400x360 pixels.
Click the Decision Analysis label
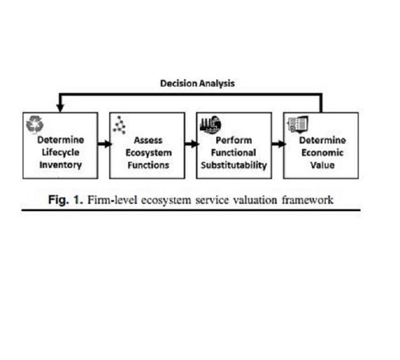[197, 83]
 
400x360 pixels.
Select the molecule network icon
[119, 125]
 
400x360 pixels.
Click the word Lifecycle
[60, 152]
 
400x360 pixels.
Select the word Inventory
[60, 165]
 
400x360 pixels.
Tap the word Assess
[148, 140]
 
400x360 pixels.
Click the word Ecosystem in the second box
[148, 152]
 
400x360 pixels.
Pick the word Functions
[148, 165]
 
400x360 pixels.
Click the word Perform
[234, 140]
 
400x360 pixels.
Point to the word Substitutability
[234, 165]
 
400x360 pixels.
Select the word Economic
[322, 152]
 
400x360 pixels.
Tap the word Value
[322, 165]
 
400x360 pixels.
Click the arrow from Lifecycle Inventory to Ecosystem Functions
[103, 144]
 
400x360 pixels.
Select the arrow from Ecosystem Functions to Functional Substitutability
[191, 144]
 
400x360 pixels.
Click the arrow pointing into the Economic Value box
[278, 144]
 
